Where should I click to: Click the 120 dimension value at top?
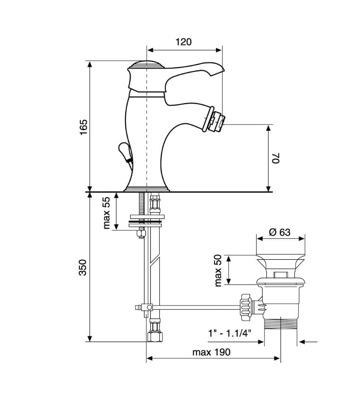coord(183,42)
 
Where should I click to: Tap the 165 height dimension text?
coord(83,127)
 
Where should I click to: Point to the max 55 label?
coord(106,213)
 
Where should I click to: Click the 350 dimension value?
coord(83,267)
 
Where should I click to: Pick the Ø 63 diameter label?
coord(280,232)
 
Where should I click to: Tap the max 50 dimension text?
coord(218,271)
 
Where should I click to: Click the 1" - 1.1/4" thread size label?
coord(230,333)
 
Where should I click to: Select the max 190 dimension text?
coord(211,352)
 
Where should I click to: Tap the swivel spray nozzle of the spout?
coord(215,119)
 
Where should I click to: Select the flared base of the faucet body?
coord(147,189)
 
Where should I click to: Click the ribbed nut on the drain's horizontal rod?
coord(246,307)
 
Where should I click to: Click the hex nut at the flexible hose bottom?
coord(154,336)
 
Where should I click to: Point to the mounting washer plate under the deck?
coord(146,217)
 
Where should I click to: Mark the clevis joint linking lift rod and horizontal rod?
coord(146,307)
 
